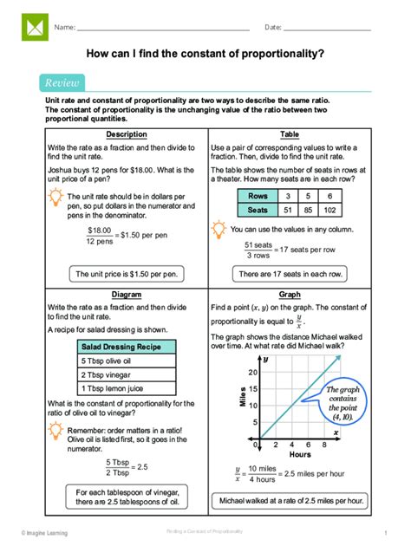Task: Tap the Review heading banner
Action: (x=62, y=83)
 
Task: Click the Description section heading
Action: (x=126, y=135)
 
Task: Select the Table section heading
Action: (x=289, y=135)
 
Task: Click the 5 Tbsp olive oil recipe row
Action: (x=126, y=360)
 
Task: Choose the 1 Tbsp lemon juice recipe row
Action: (x=126, y=388)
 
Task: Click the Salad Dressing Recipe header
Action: (x=126, y=346)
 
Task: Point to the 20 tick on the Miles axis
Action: (x=252, y=373)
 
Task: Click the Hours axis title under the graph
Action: (x=300, y=454)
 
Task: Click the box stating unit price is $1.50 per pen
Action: (x=126, y=274)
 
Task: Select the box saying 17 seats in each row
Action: (x=289, y=274)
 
